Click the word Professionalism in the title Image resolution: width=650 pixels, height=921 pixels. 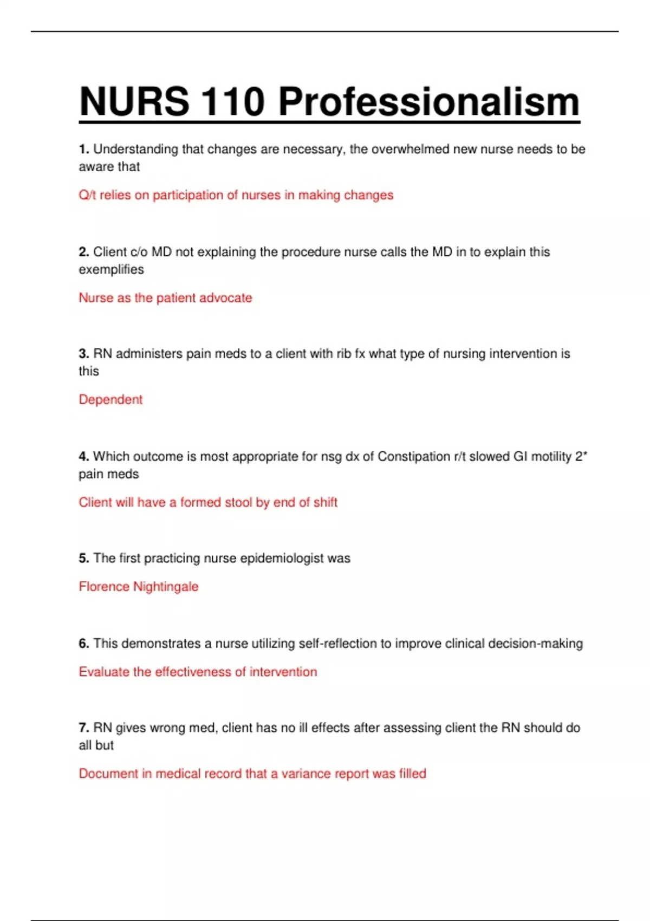point(428,102)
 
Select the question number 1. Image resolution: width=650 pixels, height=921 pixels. point(83,149)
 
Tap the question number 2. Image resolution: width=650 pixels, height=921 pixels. point(83,252)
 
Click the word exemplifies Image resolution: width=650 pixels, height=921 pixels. point(111,269)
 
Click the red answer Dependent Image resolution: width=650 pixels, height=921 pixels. point(110,400)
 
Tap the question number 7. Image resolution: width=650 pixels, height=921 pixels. point(83,728)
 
